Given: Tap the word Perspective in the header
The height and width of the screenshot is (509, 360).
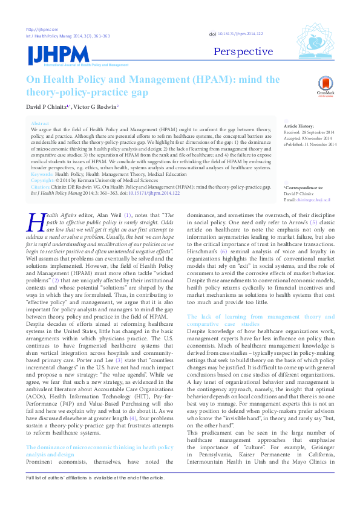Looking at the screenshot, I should (243, 51).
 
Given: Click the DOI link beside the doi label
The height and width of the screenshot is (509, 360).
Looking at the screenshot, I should (240, 34).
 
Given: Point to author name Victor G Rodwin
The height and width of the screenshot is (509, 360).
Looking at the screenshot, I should (97, 106).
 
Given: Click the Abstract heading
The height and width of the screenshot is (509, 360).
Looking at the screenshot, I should (39, 123).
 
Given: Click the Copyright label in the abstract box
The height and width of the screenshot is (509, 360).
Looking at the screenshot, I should (42, 180).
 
